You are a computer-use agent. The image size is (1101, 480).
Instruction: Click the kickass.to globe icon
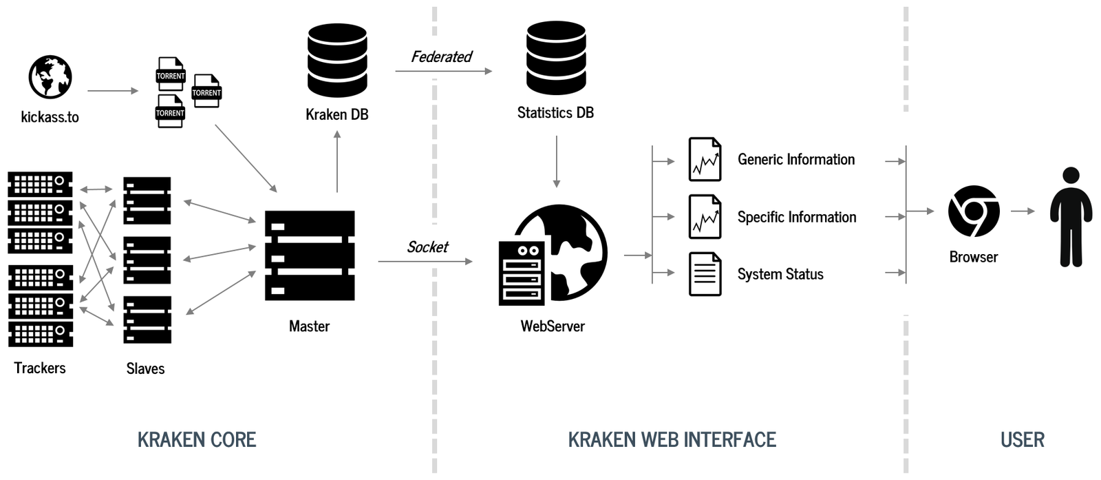[50, 77]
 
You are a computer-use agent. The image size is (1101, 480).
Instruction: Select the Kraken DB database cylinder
[337, 61]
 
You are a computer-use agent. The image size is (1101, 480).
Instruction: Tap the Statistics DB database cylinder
[556, 58]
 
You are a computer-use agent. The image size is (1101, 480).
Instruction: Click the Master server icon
[310, 255]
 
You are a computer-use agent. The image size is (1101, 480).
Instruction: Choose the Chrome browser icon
[973, 211]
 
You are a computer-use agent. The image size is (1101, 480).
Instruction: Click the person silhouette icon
[1071, 216]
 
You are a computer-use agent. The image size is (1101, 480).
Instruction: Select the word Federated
[441, 57]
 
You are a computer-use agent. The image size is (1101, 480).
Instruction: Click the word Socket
[427, 247]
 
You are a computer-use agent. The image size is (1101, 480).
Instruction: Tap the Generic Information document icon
[705, 160]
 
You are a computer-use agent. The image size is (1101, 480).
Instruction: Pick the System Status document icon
[705, 274]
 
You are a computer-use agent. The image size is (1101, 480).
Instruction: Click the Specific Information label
[797, 218]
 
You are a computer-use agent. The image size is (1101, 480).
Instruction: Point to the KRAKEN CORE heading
[197, 440]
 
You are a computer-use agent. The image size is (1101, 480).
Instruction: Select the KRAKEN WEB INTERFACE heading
[672, 440]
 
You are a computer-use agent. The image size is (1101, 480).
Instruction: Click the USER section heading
[1022, 440]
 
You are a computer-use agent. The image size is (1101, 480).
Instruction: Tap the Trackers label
[40, 368]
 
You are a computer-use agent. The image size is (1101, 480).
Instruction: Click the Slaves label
[145, 369]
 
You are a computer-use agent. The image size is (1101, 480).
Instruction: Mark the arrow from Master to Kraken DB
[337, 161]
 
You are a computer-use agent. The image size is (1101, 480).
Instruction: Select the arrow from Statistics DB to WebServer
[556, 161]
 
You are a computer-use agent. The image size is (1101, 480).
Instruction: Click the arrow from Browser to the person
[1023, 211]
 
